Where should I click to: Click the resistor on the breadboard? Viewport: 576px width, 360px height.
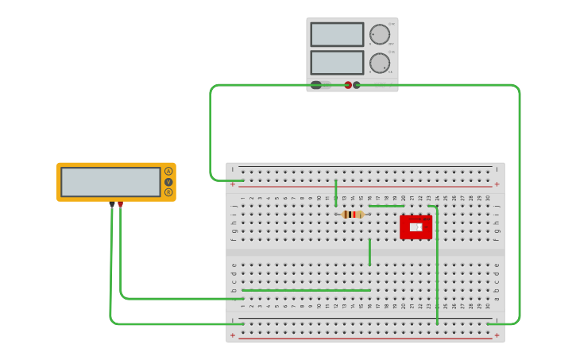point(353,215)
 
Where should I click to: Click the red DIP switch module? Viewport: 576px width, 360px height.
point(416,226)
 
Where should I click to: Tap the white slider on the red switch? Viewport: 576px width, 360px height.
point(415,227)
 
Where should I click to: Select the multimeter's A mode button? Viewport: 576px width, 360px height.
point(168,172)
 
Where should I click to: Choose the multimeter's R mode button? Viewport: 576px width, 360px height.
point(168,192)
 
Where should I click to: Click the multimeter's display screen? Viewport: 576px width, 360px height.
point(110,182)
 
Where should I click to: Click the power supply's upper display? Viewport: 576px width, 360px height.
point(337,35)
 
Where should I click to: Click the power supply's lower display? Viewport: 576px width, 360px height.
point(337,63)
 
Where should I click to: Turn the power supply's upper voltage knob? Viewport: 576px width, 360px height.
point(380,35)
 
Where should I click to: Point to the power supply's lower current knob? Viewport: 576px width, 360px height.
point(380,63)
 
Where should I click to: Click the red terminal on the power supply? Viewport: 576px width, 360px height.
point(348,85)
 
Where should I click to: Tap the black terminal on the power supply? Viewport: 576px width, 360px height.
point(357,85)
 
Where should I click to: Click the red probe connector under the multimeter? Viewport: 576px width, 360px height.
point(120,204)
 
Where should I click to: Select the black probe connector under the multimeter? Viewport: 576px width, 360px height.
point(112,204)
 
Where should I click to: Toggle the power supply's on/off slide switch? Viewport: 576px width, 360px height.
point(320,85)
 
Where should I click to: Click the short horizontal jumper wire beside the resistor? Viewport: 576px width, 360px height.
point(386,206)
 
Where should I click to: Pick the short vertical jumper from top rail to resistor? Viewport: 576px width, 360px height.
point(336,192)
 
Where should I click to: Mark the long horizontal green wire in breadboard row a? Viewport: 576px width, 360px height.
point(306,290)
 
